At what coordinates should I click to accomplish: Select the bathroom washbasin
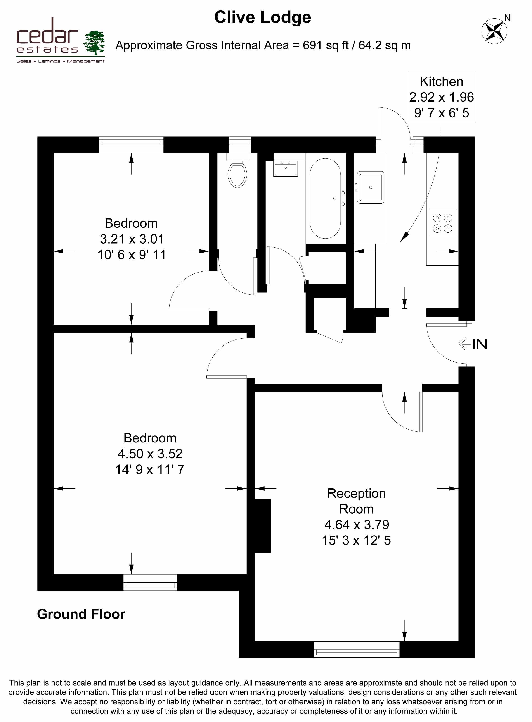coord(285,168)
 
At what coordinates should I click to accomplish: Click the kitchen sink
coord(371,187)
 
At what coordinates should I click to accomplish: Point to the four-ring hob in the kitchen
coord(442,223)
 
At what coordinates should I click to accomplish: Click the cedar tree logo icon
coord(94,43)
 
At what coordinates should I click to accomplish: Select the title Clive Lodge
coord(262,17)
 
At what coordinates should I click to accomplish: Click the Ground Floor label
coord(81,614)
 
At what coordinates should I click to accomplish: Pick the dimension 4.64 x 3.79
coord(357,525)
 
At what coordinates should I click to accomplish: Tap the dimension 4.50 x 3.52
coord(150,454)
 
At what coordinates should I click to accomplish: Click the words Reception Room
coord(357,501)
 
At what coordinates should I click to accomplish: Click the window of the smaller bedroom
coord(131,145)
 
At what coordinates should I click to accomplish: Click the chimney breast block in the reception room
coord(262,526)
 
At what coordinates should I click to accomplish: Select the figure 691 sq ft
coord(326,45)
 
